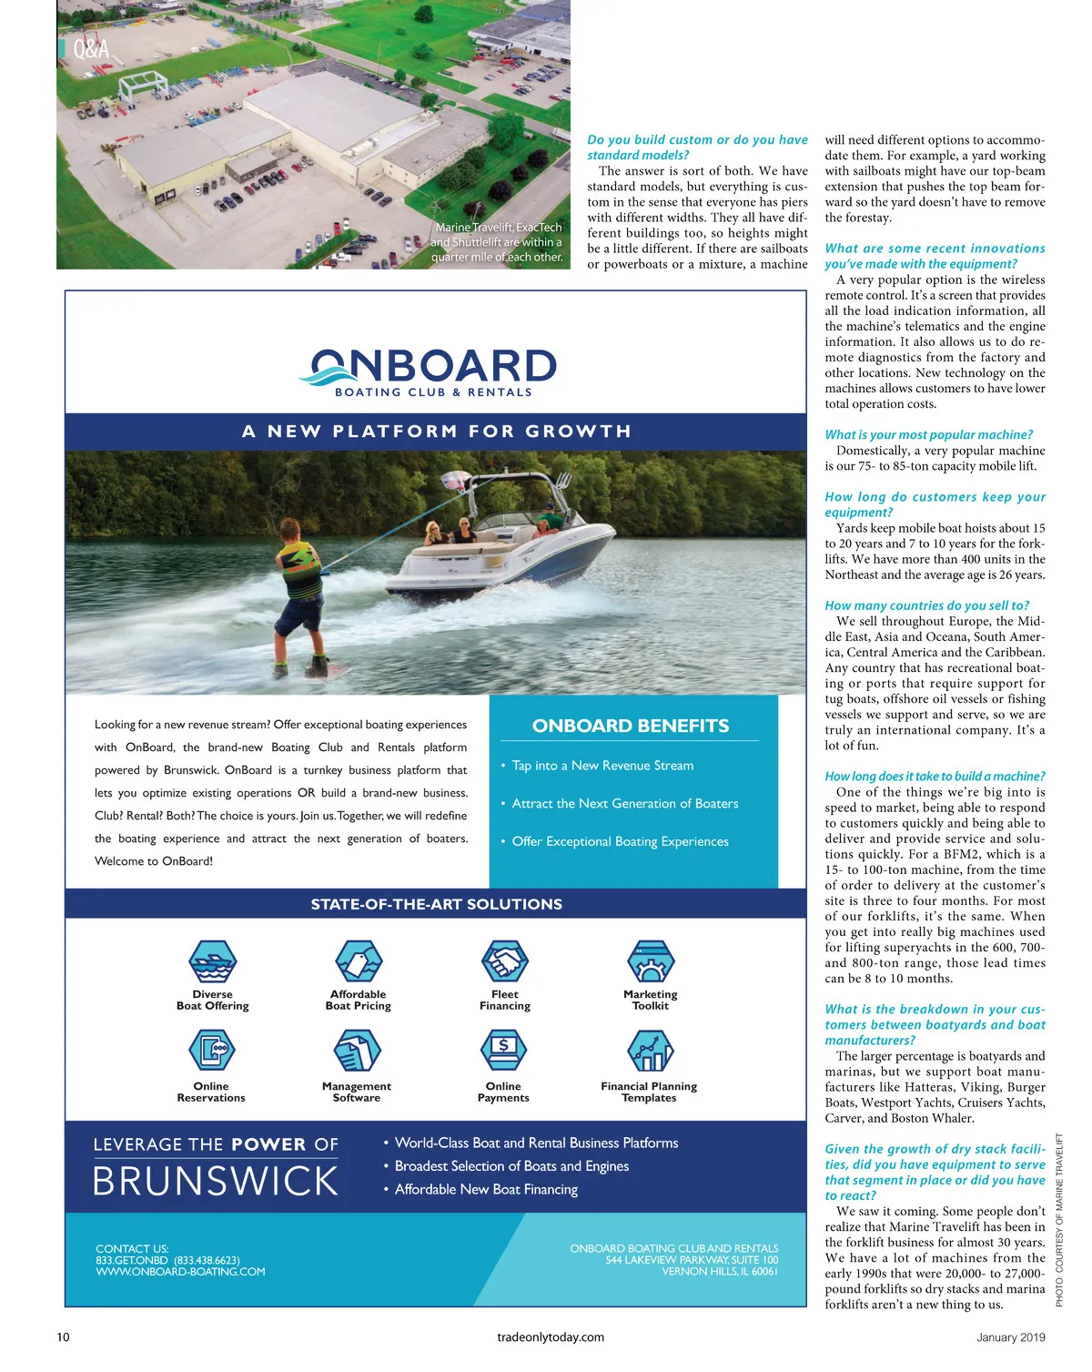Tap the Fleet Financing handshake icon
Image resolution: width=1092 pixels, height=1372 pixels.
point(504,961)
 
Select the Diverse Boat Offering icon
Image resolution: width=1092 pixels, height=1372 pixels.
point(212,961)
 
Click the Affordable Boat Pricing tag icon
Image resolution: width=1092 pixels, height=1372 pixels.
point(358,961)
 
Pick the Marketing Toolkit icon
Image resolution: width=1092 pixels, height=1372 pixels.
point(650,961)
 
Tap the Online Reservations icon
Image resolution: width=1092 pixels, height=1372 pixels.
point(211,1051)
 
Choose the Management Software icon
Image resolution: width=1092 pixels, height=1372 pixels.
point(357,1051)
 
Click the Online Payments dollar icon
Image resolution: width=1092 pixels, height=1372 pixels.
point(503,1051)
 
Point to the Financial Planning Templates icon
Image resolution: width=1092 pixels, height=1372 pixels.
point(649,1051)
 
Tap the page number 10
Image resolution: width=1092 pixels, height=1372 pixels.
point(63,1337)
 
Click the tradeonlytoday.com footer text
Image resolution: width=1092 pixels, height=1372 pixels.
point(551,1337)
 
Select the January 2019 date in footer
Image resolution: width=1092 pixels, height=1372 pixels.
point(1010,1337)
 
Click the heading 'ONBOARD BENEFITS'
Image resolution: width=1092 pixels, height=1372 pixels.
point(631,726)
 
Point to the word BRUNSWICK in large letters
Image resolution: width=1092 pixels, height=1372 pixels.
point(216,1182)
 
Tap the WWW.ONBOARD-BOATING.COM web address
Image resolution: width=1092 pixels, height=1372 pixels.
point(180,1272)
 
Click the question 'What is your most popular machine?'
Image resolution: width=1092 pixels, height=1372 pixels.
point(928,435)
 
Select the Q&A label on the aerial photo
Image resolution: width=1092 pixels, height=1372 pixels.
point(90,48)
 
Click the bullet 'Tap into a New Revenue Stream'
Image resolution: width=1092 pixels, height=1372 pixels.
point(602,766)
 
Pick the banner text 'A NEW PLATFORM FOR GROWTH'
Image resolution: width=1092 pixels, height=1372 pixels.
point(436,432)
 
